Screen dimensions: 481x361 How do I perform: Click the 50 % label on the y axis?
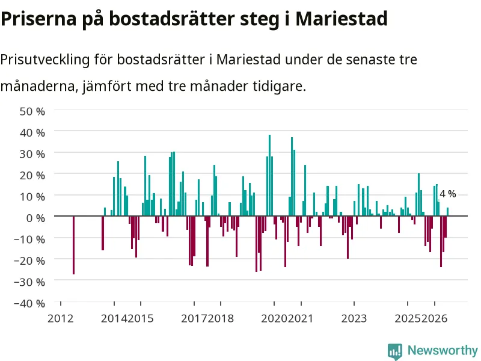point(32,111)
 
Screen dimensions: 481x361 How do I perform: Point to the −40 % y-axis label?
point(29,303)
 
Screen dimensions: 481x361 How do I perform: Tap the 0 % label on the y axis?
point(35,218)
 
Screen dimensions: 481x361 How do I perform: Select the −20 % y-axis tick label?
point(29,261)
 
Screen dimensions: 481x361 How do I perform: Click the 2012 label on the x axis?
point(61,318)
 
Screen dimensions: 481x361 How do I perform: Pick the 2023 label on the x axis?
point(354,318)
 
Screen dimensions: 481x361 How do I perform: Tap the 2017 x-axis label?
point(194,318)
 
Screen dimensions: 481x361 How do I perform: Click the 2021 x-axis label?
point(300,318)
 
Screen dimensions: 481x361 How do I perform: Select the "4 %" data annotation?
point(448,194)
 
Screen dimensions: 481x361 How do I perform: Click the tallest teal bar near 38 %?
point(269,175)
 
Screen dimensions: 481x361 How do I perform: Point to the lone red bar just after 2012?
point(73,245)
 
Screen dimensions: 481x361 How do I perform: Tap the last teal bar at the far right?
point(447,212)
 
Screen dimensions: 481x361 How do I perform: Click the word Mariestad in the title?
point(342,19)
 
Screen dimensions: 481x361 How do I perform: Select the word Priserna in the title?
point(38,19)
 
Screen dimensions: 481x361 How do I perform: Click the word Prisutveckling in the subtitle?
point(45,60)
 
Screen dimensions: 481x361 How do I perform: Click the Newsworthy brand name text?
point(443,350)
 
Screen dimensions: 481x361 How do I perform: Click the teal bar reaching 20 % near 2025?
point(418,194)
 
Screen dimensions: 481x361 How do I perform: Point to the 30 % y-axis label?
point(32,154)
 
